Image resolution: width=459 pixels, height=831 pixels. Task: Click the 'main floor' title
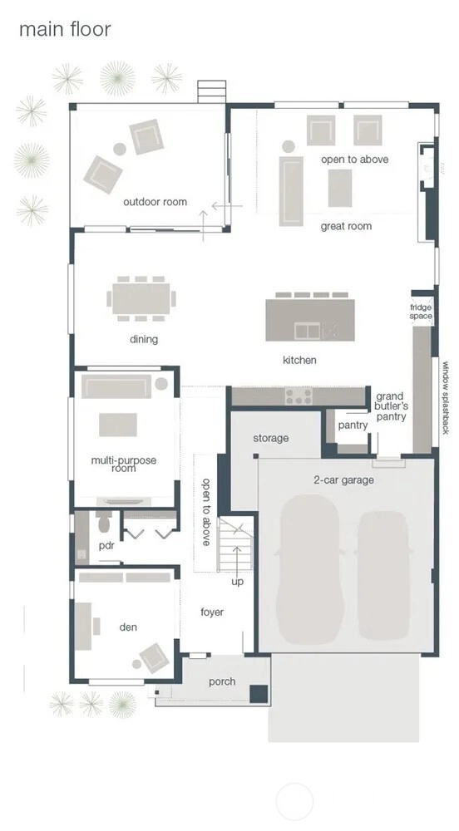click(x=65, y=29)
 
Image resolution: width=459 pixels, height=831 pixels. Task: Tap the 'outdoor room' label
click(x=155, y=202)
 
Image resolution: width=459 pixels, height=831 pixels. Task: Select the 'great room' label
click(x=346, y=226)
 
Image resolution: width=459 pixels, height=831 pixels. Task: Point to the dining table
click(x=141, y=299)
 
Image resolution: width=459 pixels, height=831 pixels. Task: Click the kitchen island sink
click(x=308, y=332)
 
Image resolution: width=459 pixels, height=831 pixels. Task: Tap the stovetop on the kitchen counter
click(x=299, y=396)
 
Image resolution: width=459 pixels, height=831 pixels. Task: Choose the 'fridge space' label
click(x=421, y=312)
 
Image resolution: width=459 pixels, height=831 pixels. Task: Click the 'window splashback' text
click(x=446, y=397)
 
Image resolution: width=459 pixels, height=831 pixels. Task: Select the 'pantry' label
click(x=353, y=425)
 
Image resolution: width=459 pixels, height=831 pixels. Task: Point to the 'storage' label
click(x=271, y=438)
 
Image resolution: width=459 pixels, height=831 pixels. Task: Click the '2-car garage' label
click(x=343, y=480)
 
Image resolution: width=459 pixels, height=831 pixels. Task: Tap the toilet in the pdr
click(x=104, y=522)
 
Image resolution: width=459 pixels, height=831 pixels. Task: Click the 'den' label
click(x=128, y=627)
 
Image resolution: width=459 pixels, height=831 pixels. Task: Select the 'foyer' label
click(x=212, y=612)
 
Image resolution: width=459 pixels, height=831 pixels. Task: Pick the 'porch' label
click(x=222, y=682)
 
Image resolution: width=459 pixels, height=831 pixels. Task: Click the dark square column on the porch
click(x=259, y=694)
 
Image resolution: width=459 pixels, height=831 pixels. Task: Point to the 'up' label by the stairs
click(x=238, y=583)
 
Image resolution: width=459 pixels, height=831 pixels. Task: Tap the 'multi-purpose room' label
click(x=124, y=465)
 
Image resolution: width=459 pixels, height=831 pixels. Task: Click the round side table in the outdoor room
click(x=120, y=149)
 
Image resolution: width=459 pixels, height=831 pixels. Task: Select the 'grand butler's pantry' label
click(x=392, y=406)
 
